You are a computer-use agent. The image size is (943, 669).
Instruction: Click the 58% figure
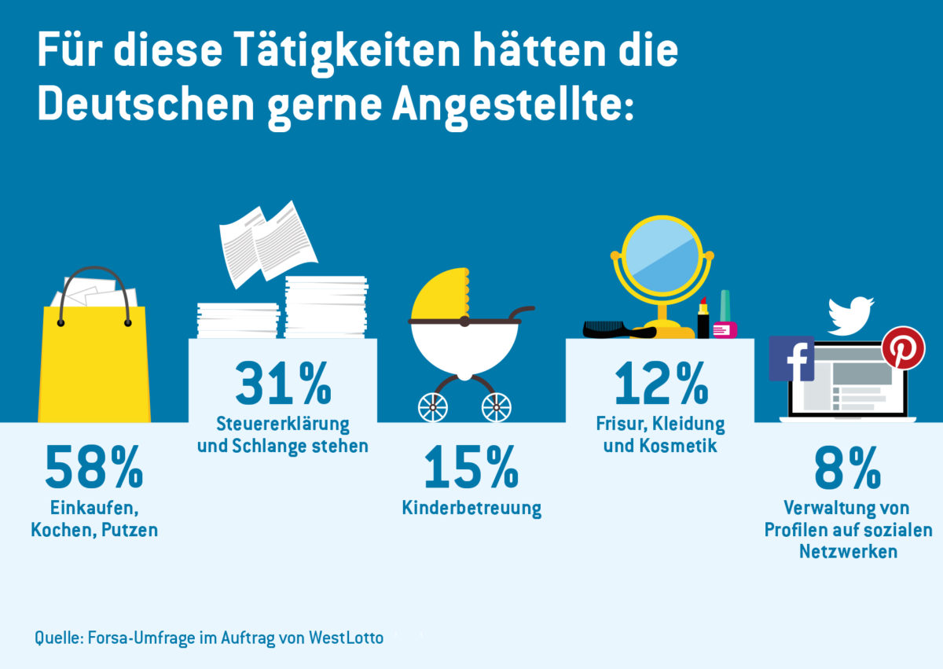point(94,467)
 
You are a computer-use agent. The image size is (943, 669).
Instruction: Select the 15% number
point(471,467)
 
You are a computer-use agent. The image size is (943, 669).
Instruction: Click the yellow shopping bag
point(94,362)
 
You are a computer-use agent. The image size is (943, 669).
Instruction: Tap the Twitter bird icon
point(852,314)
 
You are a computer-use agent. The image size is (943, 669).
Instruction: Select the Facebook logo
point(791,358)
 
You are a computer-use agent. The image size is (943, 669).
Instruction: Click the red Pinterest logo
point(903,347)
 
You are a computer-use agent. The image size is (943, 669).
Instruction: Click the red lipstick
point(703,318)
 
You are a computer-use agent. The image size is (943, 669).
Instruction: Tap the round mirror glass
point(662,254)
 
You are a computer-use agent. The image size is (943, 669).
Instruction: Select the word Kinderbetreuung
point(471,508)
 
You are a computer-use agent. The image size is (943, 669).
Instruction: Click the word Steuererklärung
point(283,424)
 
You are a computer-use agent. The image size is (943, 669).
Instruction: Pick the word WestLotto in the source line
point(347,638)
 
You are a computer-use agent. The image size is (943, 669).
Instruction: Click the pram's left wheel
point(433,406)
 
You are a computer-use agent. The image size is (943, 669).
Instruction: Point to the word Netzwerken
point(848,551)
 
